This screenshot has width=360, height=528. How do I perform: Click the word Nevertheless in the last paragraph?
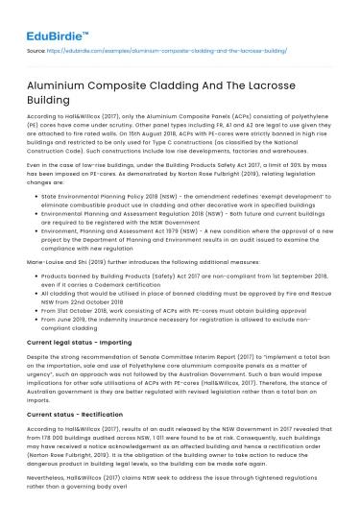pyautogui.click(x=60, y=500)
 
